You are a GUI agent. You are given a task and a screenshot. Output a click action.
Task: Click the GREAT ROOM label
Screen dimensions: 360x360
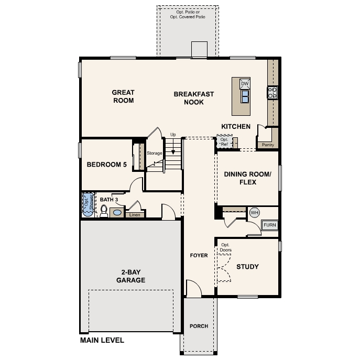pyautogui.click(x=123, y=96)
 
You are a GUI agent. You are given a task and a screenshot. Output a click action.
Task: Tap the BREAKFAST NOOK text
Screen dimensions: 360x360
pyautogui.click(x=194, y=98)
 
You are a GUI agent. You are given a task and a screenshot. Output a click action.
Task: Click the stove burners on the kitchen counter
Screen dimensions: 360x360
pyautogui.click(x=272, y=93)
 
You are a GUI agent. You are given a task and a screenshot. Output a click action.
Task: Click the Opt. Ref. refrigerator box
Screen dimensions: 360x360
pyautogui.click(x=225, y=142)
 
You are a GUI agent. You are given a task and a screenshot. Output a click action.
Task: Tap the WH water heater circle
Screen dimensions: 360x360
pyautogui.click(x=255, y=213)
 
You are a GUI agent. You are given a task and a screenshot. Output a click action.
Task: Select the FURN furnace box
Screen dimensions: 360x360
pyautogui.click(x=269, y=225)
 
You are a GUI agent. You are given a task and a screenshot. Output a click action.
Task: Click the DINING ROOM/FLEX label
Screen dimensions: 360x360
pyautogui.click(x=247, y=178)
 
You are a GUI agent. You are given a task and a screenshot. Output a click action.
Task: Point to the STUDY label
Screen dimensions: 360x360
pyautogui.click(x=247, y=267)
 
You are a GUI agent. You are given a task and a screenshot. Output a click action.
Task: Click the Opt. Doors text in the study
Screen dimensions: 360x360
pyautogui.click(x=226, y=247)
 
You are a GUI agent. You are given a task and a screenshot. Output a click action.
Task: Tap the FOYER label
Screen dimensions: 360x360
pyautogui.click(x=199, y=256)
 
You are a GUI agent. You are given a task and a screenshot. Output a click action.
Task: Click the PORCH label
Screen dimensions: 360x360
pyautogui.click(x=199, y=326)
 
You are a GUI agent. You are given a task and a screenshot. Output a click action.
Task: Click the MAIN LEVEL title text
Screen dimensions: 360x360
pyautogui.click(x=102, y=340)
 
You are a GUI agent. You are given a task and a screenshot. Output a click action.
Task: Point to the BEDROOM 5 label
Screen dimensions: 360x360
pyautogui.click(x=107, y=165)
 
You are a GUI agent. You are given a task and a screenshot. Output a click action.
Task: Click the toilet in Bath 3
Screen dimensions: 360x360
pyautogui.click(x=104, y=211)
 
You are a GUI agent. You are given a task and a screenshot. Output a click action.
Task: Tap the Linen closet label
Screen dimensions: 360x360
pyautogui.click(x=134, y=214)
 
